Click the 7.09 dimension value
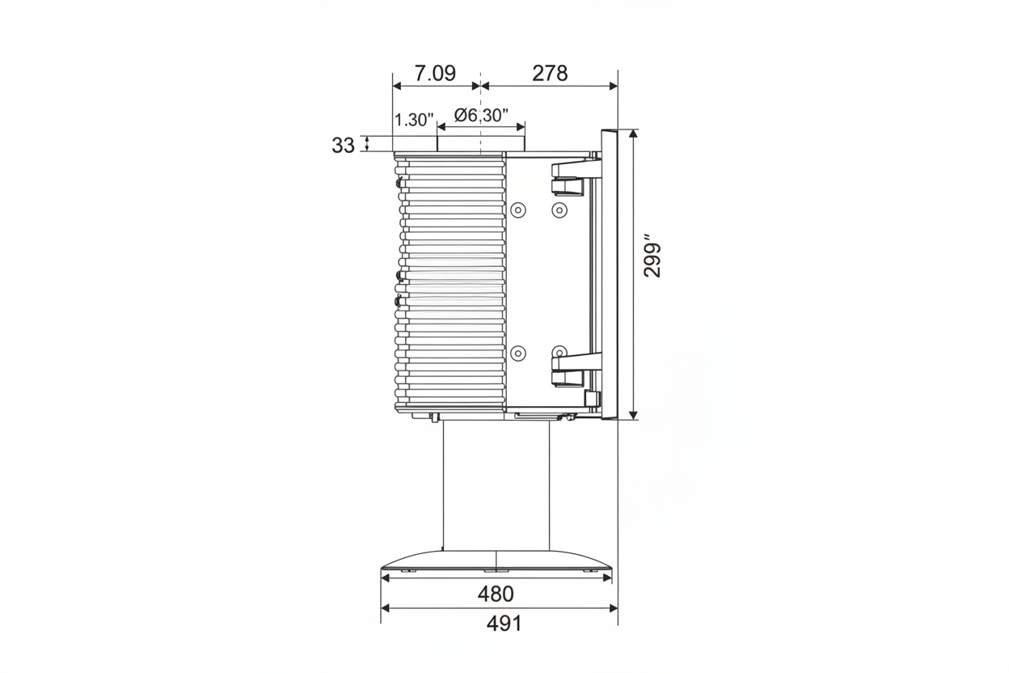tap(435, 73)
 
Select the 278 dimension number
tap(550, 73)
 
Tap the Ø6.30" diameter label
tap(481, 116)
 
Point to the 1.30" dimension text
tap(414, 120)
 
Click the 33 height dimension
tap(343, 146)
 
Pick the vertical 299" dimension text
tap(652, 255)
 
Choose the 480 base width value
tap(496, 594)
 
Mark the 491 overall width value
tap(504, 624)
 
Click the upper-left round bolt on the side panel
tap(518, 210)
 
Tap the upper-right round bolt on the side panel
tap(559, 210)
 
